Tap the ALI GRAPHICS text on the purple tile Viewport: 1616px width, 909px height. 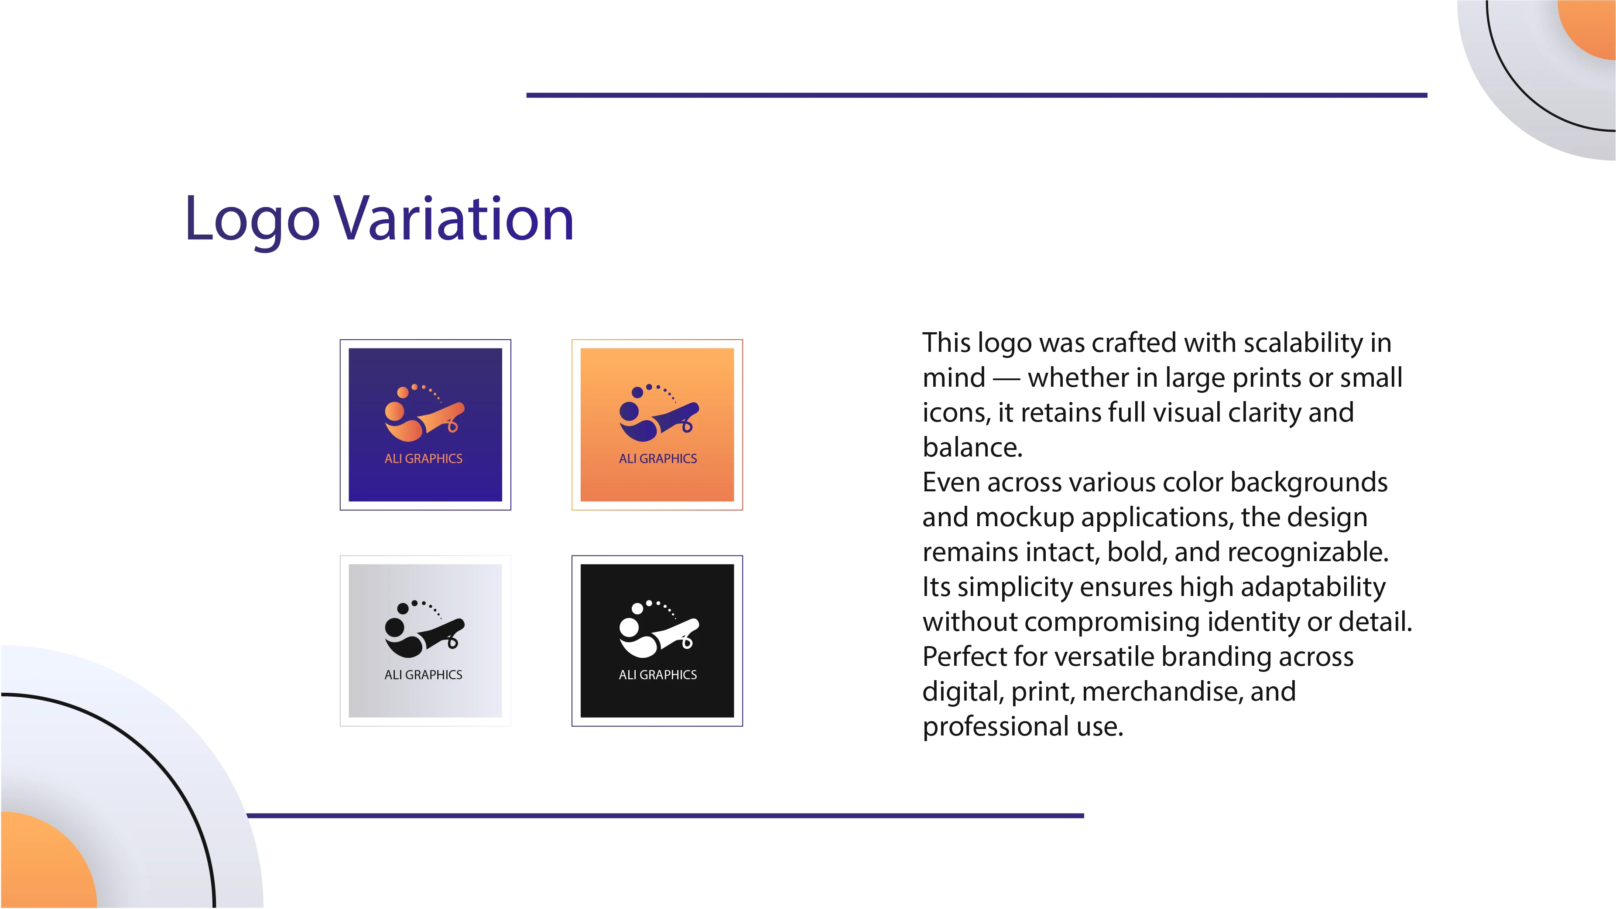424,458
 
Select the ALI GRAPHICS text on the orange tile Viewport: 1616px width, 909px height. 657,458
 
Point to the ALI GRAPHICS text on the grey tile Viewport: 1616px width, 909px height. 424,674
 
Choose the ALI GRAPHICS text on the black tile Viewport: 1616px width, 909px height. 657,674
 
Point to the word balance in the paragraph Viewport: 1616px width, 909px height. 969,447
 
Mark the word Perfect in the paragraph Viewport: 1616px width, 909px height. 964,657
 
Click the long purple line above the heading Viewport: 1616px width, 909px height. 977,95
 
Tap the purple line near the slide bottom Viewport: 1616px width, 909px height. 665,816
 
